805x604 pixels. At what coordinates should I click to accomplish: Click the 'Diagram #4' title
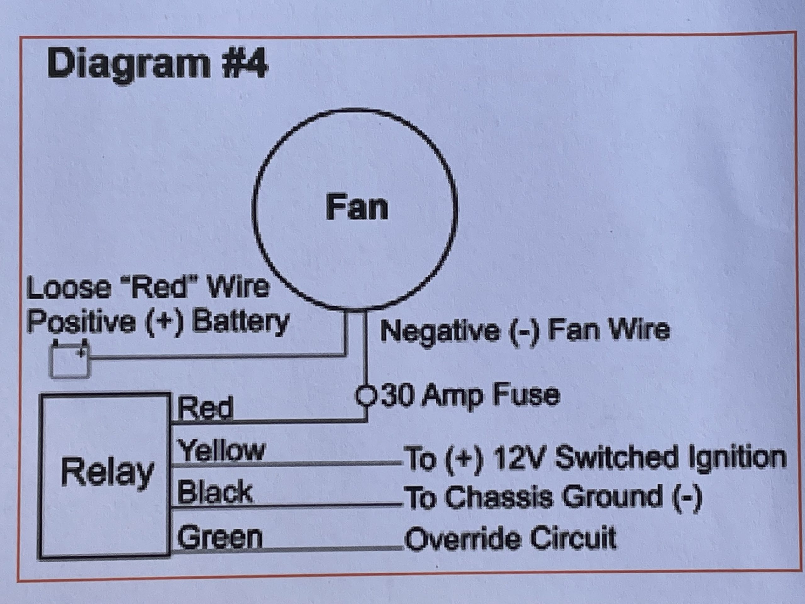(x=157, y=64)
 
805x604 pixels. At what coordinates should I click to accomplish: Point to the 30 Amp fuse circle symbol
(x=364, y=395)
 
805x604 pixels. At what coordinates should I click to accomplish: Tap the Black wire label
(x=215, y=492)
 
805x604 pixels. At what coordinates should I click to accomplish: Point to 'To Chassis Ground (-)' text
(x=553, y=497)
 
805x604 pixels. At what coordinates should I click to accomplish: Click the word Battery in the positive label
(x=240, y=322)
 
